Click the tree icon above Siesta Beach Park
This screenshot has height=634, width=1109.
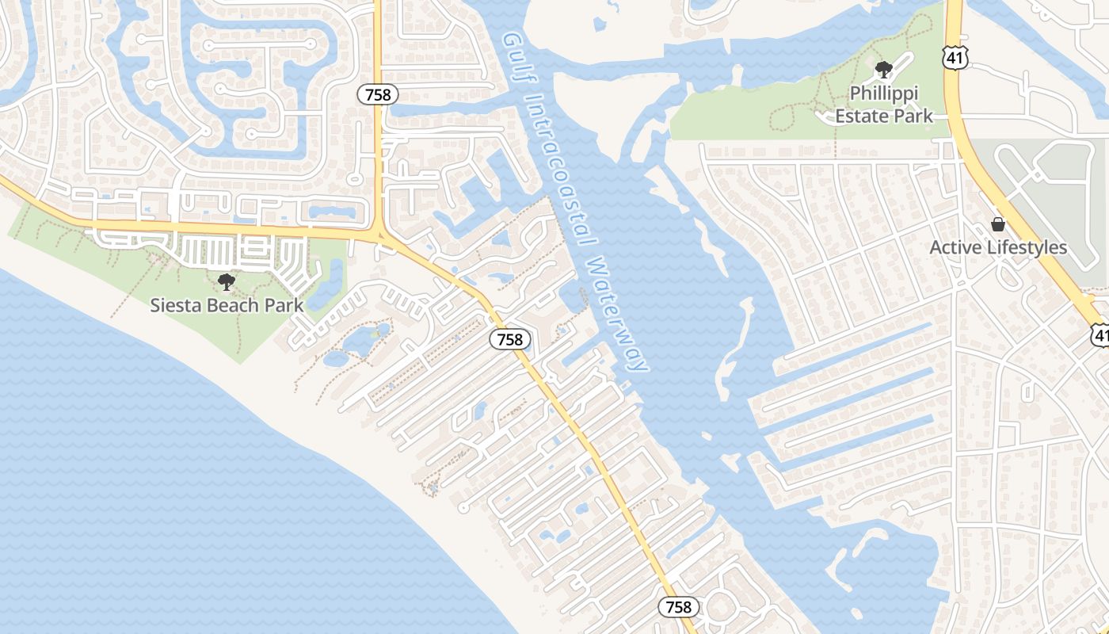[227, 281]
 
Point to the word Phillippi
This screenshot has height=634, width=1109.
[883, 94]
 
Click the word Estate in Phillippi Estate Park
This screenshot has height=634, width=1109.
[863, 116]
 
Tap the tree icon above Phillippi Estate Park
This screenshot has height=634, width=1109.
[883, 70]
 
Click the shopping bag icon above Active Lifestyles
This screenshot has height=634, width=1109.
[997, 225]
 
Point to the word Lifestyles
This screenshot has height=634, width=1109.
[1027, 248]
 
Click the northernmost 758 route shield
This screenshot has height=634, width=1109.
[378, 94]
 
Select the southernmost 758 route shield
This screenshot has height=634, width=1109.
[678, 607]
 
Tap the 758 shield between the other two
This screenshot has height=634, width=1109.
[509, 339]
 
